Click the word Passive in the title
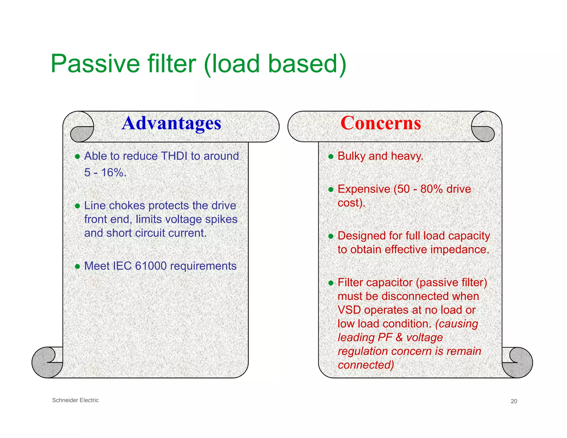tap(96, 64)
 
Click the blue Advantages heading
tap(171, 123)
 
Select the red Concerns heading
tap(381, 123)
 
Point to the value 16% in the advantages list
tap(113, 172)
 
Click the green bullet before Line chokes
tap(78, 206)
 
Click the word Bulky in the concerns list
tap(351, 156)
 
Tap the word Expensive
tap(364, 189)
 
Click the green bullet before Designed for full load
tap(331, 236)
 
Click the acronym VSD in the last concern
tap(349, 310)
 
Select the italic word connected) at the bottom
tap(366, 365)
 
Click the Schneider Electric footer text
tap(75, 400)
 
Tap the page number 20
tap(514, 401)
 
